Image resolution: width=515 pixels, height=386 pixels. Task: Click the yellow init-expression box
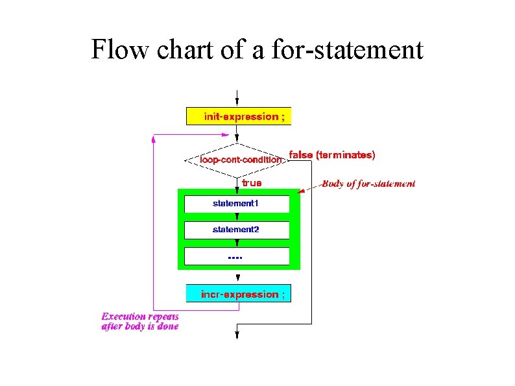(x=238, y=116)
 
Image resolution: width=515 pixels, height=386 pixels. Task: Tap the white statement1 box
(x=236, y=204)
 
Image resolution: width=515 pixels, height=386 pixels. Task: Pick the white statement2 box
(x=236, y=230)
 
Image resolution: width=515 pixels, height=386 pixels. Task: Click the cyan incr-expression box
(x=238, y=294)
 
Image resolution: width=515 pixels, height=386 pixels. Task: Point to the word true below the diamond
(x=252, y=183)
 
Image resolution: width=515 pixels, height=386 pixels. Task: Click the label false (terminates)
(x=331, y=155)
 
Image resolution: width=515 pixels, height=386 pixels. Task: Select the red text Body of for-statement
(x=368, y=184)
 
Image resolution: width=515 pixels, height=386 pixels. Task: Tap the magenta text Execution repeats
(x=140, y=317)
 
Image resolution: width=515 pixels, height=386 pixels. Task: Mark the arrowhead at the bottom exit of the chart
(x=237, y=335)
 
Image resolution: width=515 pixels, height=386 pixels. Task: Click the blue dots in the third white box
(x=235, y=258)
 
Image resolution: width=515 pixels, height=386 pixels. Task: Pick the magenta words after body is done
(x=140, y=327)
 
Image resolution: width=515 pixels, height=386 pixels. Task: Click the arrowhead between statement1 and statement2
(x=237, y=218)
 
